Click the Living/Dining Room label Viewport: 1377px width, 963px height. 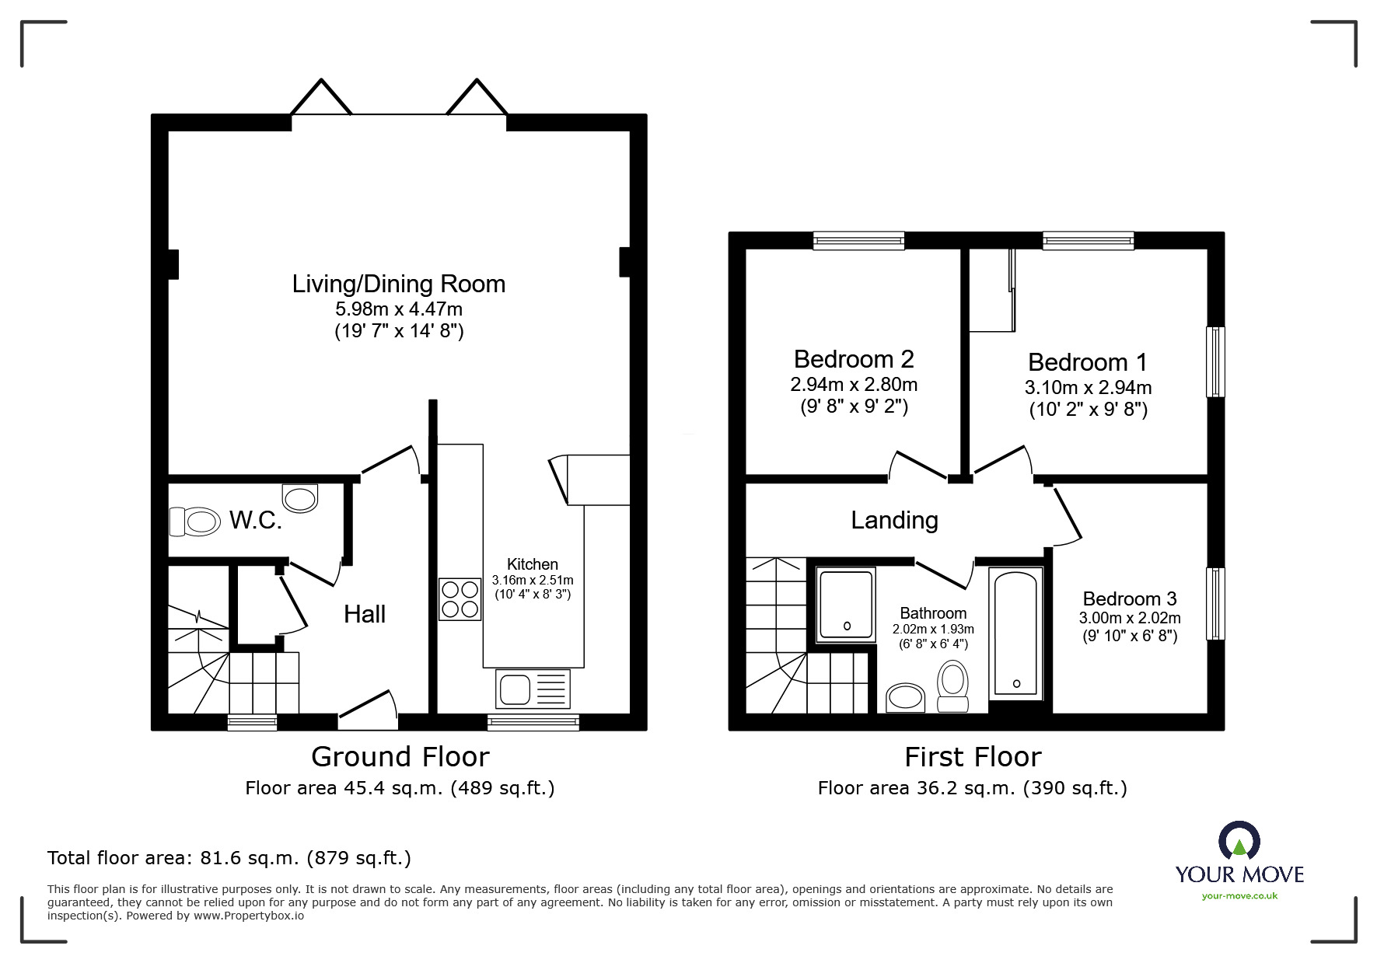tap(398, 284)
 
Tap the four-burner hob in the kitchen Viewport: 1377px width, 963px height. tap(460, 599)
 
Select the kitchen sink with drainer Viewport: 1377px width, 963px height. tap(533, 689)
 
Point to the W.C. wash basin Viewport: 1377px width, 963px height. tap(300, 497)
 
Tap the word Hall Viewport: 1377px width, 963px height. tap(365, 614)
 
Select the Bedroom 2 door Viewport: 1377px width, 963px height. tap(917, 465)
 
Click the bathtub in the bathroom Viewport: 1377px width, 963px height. tap(1016, 633)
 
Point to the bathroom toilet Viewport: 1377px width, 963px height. tap(952, 685)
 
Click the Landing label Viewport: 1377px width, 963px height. tap(894, 520)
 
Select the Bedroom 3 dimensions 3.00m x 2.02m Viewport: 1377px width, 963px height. tap(1129, 618)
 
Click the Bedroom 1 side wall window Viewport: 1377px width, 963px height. tap(1215, 361)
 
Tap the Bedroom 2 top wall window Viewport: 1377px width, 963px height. tap(858, 240)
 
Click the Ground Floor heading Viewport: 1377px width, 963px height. tap(400, 756)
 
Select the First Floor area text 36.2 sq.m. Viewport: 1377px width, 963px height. tap(972, 788)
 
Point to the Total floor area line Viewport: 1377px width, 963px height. tap(229, 858)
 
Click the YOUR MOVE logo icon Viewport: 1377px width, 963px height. tap(1239, 840)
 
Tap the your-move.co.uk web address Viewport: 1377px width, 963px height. tap(1239, 896)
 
